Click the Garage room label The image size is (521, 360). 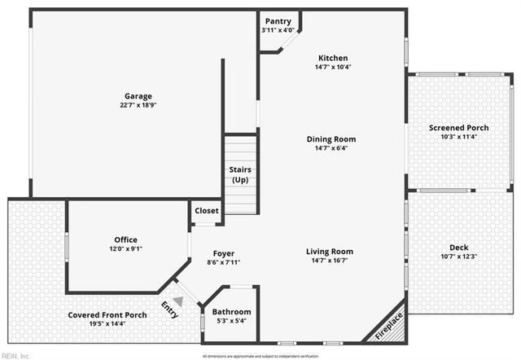coord(138,96)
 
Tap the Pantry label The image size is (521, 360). coord(278,21)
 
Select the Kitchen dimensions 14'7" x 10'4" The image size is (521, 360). coord(333,67)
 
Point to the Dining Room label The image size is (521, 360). coord(331,139)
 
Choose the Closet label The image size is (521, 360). coord(207,211)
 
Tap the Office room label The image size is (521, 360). coord(126,239)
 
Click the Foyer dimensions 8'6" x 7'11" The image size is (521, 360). coord(224,262)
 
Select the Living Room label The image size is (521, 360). coord(330,252)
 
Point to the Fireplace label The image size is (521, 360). coord(389,326)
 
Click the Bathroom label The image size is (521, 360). coord(231,312)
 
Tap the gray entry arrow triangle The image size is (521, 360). coord(177,301)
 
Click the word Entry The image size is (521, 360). coord(169,310)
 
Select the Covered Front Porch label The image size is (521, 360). coord(108,315)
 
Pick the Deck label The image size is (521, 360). coord(459,248)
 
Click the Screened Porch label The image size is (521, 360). coord(459,128)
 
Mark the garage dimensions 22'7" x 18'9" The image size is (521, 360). coord(138,105)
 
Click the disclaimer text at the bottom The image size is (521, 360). coord(260,356)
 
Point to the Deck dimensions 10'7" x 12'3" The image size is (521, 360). coord(459,257)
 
